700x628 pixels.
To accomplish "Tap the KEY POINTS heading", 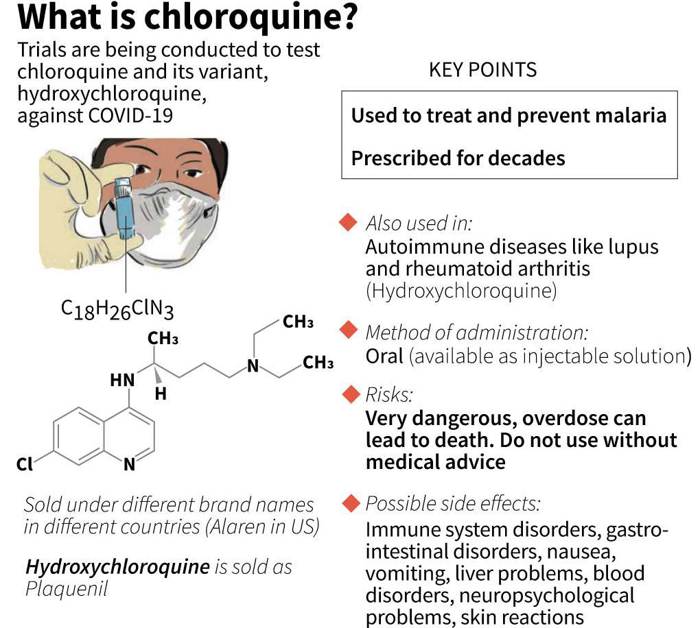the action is pos(482,70).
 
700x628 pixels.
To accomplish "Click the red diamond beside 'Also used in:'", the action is pos(348,222).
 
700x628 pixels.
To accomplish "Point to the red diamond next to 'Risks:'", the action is pos(351,394).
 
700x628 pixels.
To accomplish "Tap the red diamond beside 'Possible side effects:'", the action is pos(351,503).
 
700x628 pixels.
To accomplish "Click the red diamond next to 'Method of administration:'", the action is pos(349,330).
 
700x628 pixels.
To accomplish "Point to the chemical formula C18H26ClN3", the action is pos(117,309).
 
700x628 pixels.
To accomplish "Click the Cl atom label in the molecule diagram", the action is pos(25,464).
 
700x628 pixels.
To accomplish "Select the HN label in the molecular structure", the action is pos(122,380).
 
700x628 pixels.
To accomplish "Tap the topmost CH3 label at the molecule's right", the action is pos(299,322).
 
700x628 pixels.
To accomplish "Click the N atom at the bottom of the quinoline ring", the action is pos(130,464).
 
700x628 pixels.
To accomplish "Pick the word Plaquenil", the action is pos(67,589).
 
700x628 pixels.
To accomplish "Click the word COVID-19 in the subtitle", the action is pos(131,115).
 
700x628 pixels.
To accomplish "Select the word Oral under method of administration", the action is pos(384,356).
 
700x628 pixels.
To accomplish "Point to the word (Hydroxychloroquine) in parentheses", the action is pos(461,291).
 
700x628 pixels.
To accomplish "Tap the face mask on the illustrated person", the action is pos(174,223).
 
